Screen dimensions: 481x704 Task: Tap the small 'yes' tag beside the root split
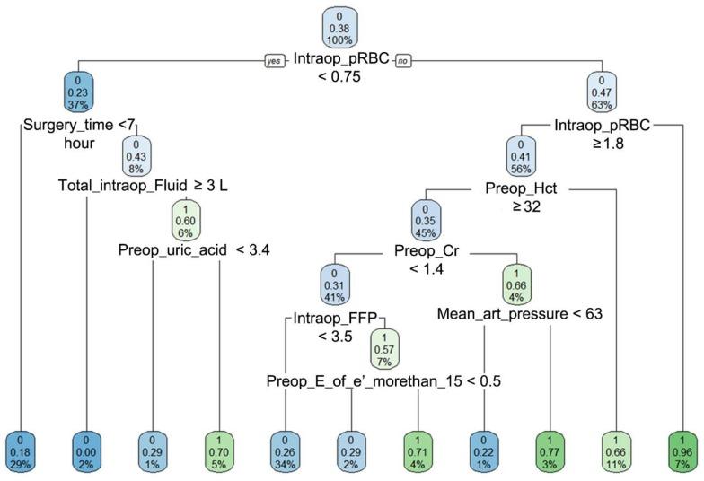click(274, 60)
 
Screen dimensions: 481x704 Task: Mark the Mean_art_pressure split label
click(520, 314)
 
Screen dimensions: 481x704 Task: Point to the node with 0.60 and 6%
click(186, 217)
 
